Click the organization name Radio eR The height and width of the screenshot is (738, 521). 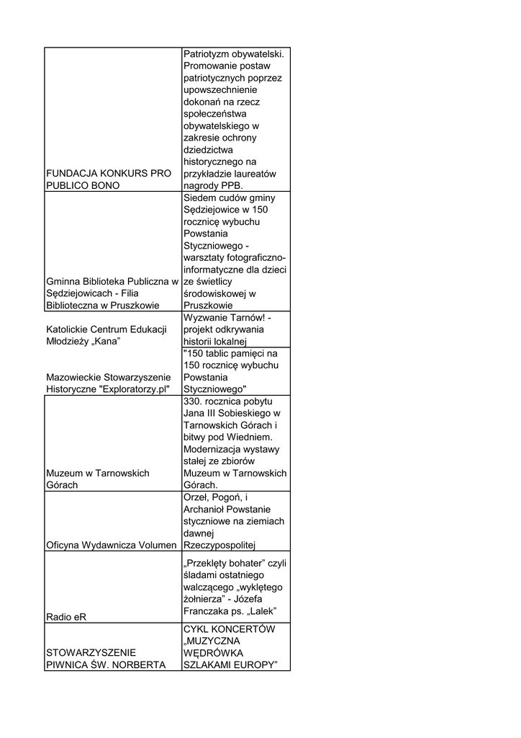(63, 617)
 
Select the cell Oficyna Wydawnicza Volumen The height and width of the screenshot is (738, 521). (111, 544)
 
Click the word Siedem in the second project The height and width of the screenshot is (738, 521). (199, 197)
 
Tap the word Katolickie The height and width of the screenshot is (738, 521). (68, 329)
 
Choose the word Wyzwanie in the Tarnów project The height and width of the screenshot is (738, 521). (206, 317)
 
